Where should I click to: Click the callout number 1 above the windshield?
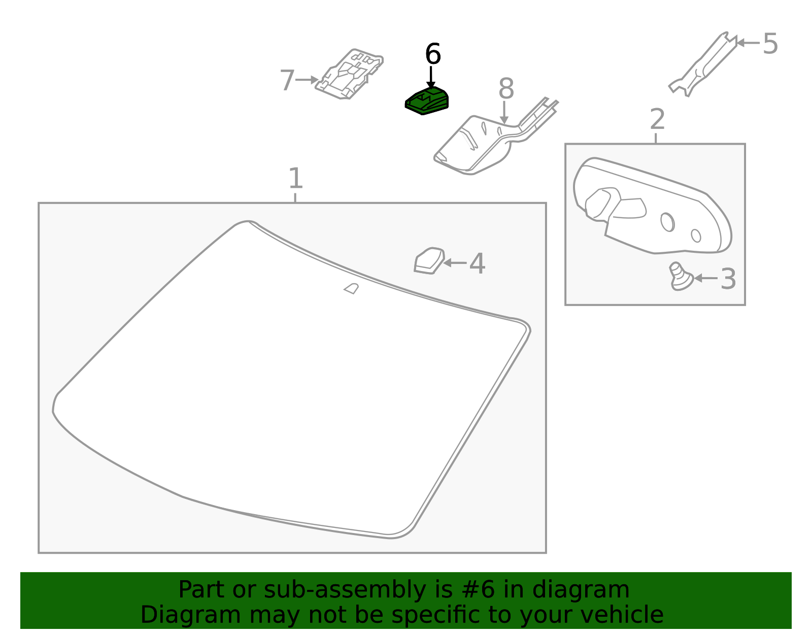295,178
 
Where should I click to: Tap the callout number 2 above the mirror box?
657,119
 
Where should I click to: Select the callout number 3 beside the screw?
728,279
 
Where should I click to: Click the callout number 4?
477,263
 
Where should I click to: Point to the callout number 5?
770,44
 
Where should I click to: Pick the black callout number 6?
433,54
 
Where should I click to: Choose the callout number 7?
287,80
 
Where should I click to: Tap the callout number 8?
506,89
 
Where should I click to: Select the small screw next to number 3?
681,277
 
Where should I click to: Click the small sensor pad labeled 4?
429,260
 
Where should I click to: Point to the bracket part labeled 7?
349,74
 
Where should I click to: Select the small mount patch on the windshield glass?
351,288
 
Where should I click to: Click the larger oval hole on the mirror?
667,222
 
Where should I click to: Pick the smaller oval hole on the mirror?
696,236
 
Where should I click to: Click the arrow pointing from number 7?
307,80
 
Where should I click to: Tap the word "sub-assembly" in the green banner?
345,589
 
